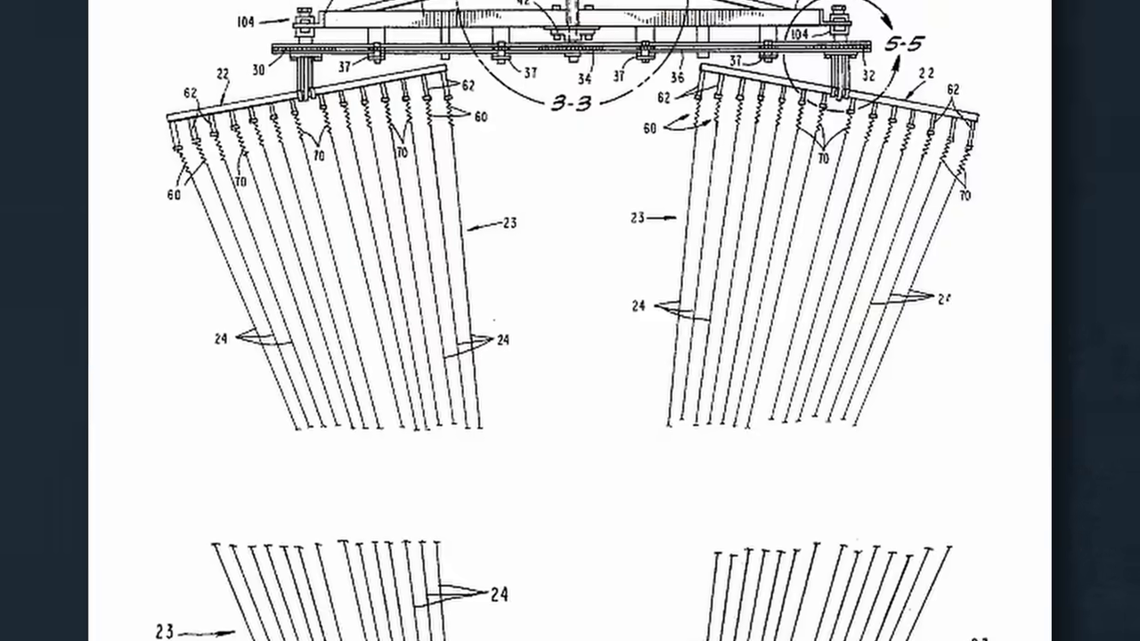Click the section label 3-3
tap(571, 102)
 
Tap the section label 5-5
tap(903, 44)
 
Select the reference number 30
tap(258, 69)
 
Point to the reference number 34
tap(584, 79)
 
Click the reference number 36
tap(677, 77)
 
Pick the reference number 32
tap(868, 77)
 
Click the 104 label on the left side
tap(246, 21)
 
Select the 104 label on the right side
tap(798, 34)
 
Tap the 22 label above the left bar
tap(223, 75)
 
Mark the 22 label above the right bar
tap(926, 74)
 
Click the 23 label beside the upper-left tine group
tap(509, 223)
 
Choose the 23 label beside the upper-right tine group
tap(638, 217)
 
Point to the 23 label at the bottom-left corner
tap(165, 631)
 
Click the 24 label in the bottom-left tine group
tap(499, 594)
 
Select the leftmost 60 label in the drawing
tap(173, 194)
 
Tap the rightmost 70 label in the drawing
tap(965, 195)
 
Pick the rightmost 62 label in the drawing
tap(953, 90)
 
